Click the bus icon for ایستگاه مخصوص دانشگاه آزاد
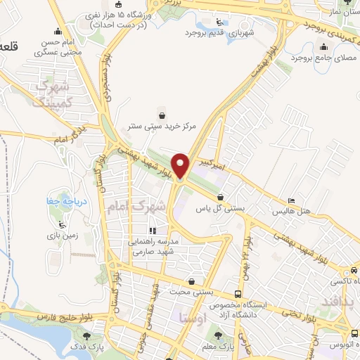[238, 292]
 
